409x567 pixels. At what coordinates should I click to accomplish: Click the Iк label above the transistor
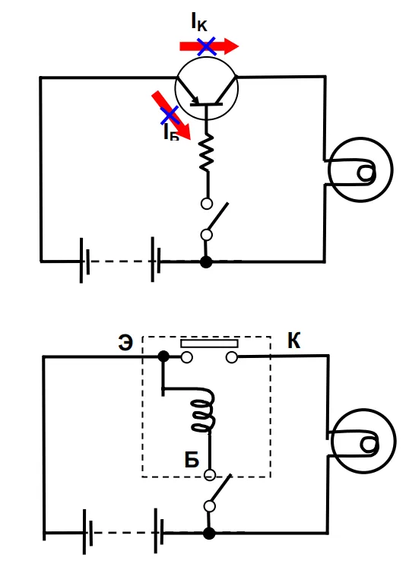199,21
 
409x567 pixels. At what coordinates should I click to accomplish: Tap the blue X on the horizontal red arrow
207,46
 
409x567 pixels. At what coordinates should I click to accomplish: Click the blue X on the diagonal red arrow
170,116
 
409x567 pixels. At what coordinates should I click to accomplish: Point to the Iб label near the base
171,132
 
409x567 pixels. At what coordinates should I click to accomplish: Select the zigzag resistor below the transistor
207,152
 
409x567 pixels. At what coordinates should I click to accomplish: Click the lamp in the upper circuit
360,169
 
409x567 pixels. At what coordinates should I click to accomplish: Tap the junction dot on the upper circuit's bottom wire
206,261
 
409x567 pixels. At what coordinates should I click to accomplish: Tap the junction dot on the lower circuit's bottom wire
209,534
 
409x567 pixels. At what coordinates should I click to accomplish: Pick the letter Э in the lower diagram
125,343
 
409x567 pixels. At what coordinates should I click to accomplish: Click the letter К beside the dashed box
294,341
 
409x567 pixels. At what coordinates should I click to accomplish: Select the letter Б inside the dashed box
192,460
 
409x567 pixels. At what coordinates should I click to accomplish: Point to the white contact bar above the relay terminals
209,344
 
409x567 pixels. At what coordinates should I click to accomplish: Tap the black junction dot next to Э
163,356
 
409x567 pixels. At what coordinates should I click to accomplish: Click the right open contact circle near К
231,358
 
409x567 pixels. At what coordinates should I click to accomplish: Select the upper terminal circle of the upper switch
207,204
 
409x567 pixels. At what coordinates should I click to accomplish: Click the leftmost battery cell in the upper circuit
84,261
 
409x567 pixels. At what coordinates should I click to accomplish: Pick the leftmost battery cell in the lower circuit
87,532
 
